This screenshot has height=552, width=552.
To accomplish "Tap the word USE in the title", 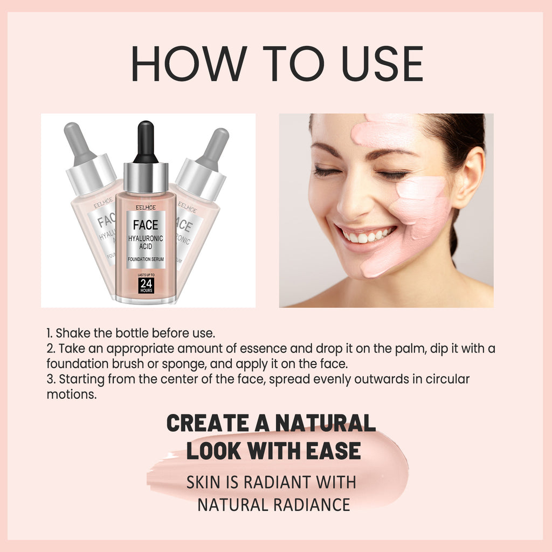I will click(x=378, y=64).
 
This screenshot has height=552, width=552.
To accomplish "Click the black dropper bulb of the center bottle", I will click(x=146, y=141).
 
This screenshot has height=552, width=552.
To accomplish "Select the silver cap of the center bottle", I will click(x=146, y=177).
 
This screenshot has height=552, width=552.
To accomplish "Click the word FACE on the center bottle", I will click(x=146, y=225).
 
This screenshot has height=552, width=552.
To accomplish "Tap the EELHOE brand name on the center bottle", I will click(x=146, y=205).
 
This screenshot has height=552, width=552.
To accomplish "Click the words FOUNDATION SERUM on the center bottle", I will click(x=146, y=260).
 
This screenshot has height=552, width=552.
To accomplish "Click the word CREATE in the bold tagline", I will click(x=205, y=423).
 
